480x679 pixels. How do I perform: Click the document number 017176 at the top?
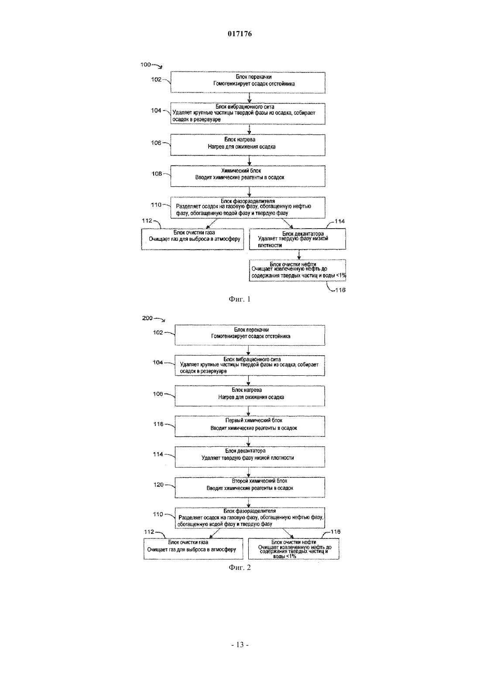(240, 34)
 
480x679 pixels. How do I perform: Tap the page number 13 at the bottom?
(240, 645)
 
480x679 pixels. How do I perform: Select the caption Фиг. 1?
(240, 299)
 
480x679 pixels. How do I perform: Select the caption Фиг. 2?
(240, 567)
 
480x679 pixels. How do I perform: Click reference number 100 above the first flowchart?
(146, 65)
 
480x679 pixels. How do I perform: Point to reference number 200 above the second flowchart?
(147, 318)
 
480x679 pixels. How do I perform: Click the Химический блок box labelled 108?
(248, 176)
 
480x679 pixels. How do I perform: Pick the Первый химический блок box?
(250, 426)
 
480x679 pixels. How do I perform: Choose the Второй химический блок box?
(250, 487)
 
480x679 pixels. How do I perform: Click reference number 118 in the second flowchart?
(158, 424)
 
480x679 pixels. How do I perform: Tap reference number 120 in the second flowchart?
(158, 485)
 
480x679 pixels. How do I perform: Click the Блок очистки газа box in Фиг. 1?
(192, 239)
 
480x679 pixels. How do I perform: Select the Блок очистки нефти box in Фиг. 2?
(294, 549)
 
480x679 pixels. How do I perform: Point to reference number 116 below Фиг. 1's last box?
(340, 290)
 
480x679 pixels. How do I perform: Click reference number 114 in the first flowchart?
(339, 221)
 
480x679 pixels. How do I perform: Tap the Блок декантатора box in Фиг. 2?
(250, 457)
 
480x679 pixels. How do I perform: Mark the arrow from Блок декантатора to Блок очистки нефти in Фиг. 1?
(299, 255)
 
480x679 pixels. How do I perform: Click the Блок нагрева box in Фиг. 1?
(248, 145)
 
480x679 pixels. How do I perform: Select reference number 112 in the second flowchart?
(149, 532)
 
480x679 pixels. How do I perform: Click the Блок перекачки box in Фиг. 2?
(250, 335)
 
